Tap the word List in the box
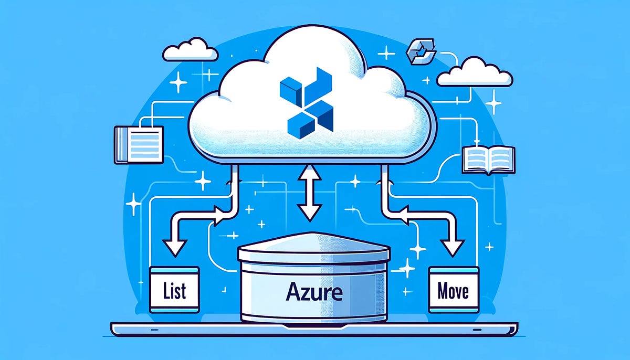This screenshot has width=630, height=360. click(x=175, y=290)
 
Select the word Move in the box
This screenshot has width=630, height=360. click(x=453, y=291)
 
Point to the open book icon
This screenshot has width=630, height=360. click(x=488, y=160)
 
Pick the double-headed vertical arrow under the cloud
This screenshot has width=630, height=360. click(x=309, y=191)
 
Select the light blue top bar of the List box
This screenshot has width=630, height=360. click(x=175, y=271)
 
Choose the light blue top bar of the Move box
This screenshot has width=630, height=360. click(x=454, y=271)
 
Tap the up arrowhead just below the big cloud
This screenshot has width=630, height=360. click(x=309, y=171)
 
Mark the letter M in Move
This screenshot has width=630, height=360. click(x=440, y=291)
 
